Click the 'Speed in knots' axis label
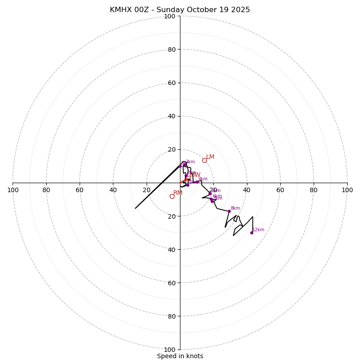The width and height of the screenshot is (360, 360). pyautogui.click(x=180, y=356)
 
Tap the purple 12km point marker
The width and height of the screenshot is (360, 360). pyautogui.click(x=252, y=233)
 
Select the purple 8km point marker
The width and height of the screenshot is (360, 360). pyautogui.click(x=229, y=211)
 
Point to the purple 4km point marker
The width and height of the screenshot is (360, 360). pyautogui.click(x=197, y=182)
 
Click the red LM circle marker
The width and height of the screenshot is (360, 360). pyautogui.click(x=204, y=160)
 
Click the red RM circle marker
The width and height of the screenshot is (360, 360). pyautogui.click(x=172, y=196)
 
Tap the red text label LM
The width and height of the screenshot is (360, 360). pyautogui.click(x=210, y=157)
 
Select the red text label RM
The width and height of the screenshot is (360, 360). pyautogui.click(x=178, y=193)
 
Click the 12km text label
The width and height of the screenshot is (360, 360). pyautogui.click(x=258, y=230)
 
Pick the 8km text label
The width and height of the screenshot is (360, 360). pyautogui.click(x=235, y=208)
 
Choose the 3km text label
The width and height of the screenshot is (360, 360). pyautogui.click(x=190, y=162)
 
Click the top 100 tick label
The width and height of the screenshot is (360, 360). pyautogui.click(x=170, y=16)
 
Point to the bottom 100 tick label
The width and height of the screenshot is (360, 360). pyautogui.click(x=170, y=350)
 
